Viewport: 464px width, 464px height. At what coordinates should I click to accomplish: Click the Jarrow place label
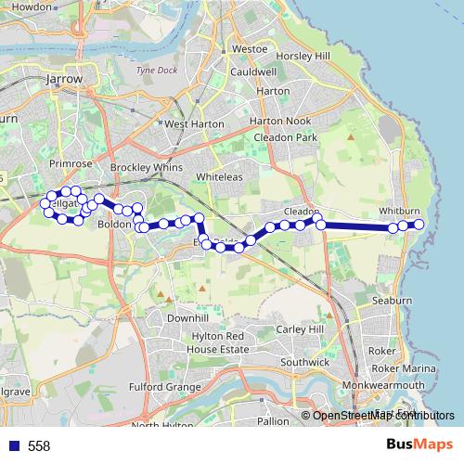(x=65, y=81)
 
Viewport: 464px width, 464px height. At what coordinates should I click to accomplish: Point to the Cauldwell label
(x=253, y=71)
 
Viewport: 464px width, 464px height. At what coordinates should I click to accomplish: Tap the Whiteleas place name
(x=219, y=176)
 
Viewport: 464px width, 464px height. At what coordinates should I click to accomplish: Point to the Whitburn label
(x=398, y=213)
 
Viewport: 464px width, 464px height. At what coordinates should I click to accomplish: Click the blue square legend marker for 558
(x=14, y=446)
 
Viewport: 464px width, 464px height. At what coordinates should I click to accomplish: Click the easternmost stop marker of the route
(x=419, y=225)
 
